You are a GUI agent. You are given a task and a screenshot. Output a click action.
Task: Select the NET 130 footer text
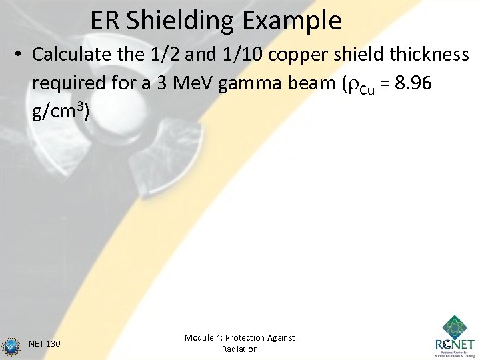45,344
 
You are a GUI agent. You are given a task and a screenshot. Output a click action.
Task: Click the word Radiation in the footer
239,349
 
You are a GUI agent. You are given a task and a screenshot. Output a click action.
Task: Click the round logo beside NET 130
11,345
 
